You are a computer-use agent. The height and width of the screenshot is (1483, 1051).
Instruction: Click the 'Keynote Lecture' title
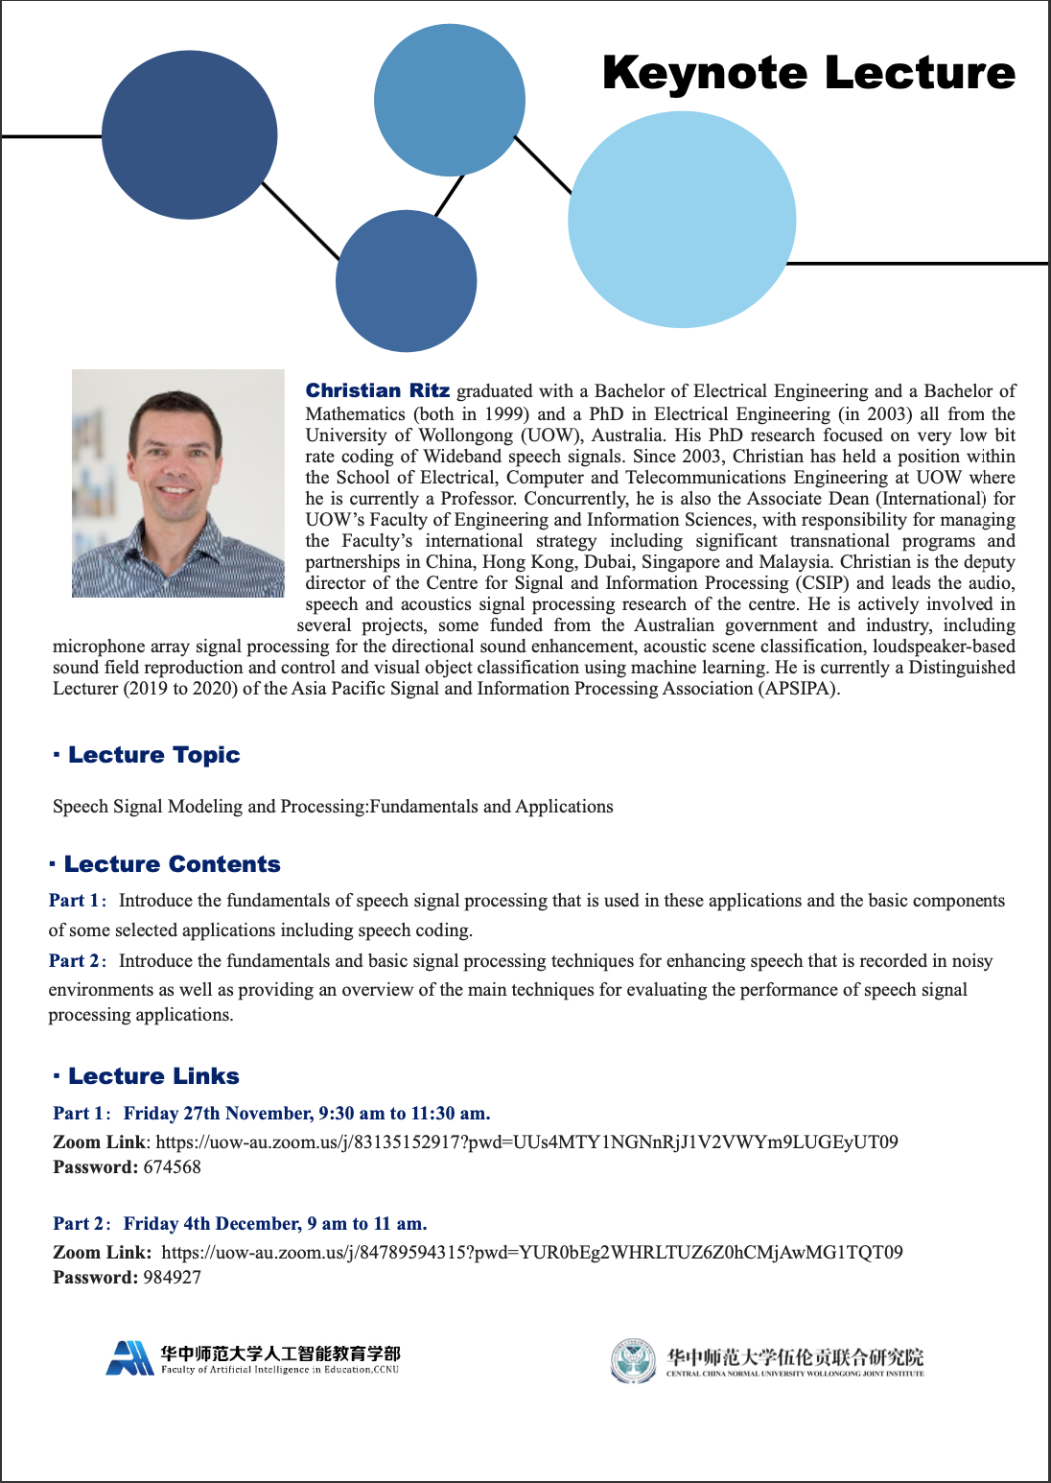(x=808, y=73)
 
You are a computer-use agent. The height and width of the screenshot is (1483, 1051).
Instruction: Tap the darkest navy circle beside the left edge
(x=189, y=135)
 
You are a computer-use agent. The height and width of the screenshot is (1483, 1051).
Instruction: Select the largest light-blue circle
(x=682, y=220)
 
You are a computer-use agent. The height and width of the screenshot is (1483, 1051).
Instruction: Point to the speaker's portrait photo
(x=178, y=483)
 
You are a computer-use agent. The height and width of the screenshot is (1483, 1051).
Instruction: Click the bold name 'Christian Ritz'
(x=377, y=390)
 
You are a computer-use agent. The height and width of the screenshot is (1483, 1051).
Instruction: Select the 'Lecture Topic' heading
(x=153, y=755)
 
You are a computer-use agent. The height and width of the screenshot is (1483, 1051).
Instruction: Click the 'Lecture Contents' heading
(x=172, y=864)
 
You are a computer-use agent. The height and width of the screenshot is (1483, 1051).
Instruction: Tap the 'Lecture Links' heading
(x=153, y=1076)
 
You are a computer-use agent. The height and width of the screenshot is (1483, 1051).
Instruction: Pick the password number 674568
(x=173, y=1167)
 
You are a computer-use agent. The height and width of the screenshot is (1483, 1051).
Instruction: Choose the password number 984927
(x=173, y=1278)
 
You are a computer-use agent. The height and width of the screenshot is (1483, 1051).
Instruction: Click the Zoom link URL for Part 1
(x=526, y=1142)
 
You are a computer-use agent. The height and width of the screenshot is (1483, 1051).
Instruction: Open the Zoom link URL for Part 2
(x=532, y=1252)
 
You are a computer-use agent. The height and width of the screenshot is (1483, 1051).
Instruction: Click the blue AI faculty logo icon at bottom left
(x=129, y=1358)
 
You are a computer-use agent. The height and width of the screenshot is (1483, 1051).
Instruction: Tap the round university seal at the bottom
(x=633, y=1360)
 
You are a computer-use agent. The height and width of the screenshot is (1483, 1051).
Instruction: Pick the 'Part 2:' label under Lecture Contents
(x=78, y=961)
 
